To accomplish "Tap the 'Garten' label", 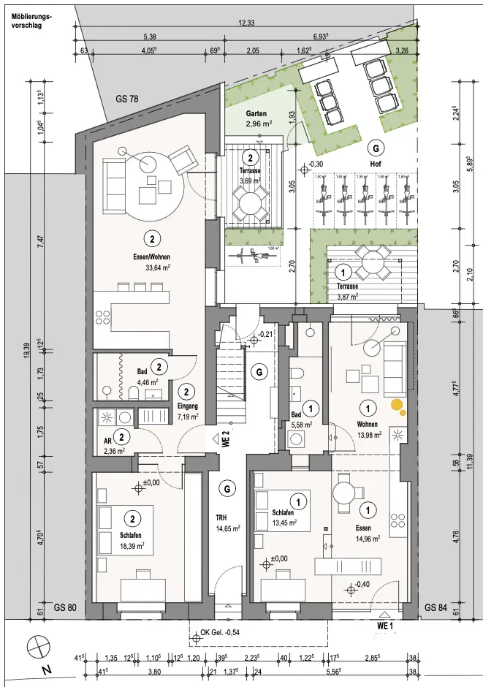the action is (256, 115).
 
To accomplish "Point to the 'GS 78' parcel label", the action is (127, 99).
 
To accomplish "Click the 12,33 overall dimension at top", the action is (247, 23).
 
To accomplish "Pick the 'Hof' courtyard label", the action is (376, 164).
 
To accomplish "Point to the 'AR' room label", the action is (107, 441).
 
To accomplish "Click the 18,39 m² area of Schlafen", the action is (132, 545).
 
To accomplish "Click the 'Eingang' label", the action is (187, 407).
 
